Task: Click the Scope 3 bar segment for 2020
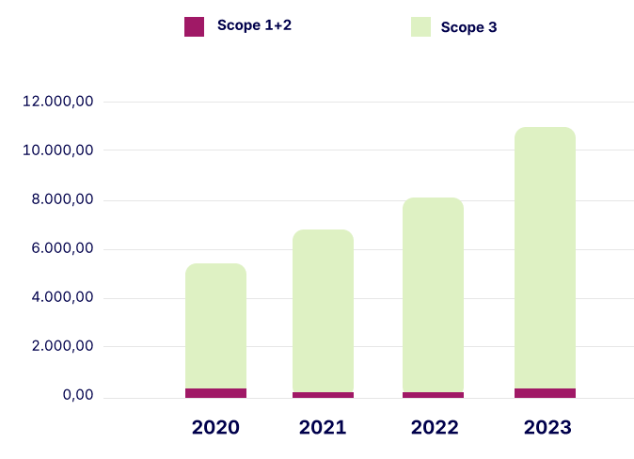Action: point(215,325)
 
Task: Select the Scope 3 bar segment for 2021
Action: point(323,310)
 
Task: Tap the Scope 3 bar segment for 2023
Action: point(545,258)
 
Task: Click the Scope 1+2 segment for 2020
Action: point(215,393)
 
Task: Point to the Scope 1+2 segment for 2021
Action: point(323,395)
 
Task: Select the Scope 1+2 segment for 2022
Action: point(433,395)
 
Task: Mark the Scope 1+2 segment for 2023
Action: point(545,393)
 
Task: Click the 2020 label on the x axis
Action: point(215,428)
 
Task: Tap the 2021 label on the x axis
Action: point(323,428)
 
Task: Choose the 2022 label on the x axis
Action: point(434,428)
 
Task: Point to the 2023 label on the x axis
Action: point(547,428)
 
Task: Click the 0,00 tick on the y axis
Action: point(78,396)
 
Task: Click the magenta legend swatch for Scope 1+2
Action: point(194,26)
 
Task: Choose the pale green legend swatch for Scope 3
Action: point(420,27)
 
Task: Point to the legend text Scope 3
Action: point(468,28)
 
